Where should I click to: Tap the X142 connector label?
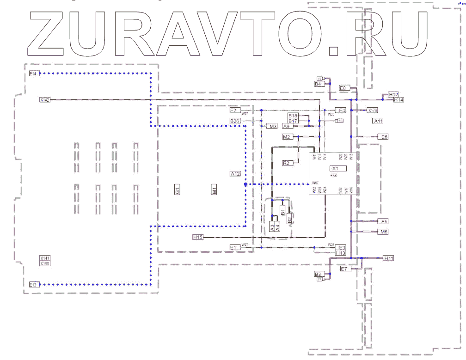coord(45,100)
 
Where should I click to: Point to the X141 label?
coord(45,258)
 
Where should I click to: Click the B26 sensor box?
coord(235,121)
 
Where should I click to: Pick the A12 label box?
coord(235,174)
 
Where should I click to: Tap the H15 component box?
coord(198,237)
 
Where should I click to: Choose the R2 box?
coord(287,163)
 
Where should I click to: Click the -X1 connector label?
coord(334,169)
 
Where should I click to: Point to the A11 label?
coord(378,121)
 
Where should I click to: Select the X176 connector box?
coord(372,110)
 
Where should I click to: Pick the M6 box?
coord(384,232)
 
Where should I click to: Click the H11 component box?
coord(388,258)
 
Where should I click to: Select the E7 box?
coord(343,268)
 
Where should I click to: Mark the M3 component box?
coord(273,126)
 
